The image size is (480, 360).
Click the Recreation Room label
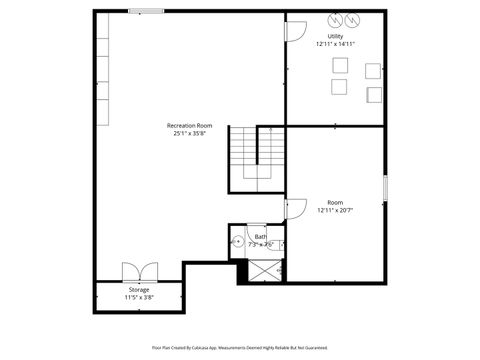click(x=190, y=125)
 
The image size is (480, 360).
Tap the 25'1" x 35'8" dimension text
click(x=190, y=133)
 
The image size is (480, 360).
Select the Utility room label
click(x=335, y=36)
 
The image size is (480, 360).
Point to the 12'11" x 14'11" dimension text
click(x=335, y=44)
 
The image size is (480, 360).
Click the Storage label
click(x=139, y=290)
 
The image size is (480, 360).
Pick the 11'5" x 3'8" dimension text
click(x=139, y=298)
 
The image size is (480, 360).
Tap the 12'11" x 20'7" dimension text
click(x=336, y=210)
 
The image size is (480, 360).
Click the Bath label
click(x=260, y=237)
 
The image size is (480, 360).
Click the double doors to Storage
click(x=139, y=272)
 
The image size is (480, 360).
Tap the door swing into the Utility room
click(x=295, y=29)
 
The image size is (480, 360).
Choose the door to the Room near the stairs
click(x=295, y=208)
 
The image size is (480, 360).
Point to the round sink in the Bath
click(x=238, y=241)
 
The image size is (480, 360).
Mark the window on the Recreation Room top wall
click(x=147, y=11)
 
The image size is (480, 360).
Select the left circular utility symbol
click(x=335, y=19)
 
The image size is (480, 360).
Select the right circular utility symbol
click(x=352, y=19)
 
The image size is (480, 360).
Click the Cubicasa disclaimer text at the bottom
click(x=239, y=347)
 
